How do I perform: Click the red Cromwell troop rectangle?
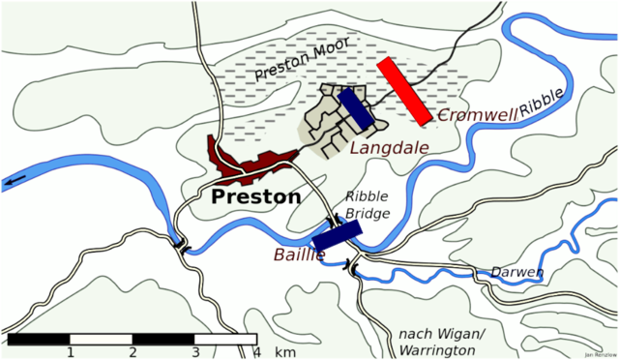[404, 90]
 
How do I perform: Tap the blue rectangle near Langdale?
[354, 108]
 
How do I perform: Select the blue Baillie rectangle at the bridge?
[337, 234]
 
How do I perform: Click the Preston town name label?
[255, 196]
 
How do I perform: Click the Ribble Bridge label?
[368, 204]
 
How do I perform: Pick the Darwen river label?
[516, 272]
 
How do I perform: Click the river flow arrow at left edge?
[15, 181]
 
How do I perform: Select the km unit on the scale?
[285, 352]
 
